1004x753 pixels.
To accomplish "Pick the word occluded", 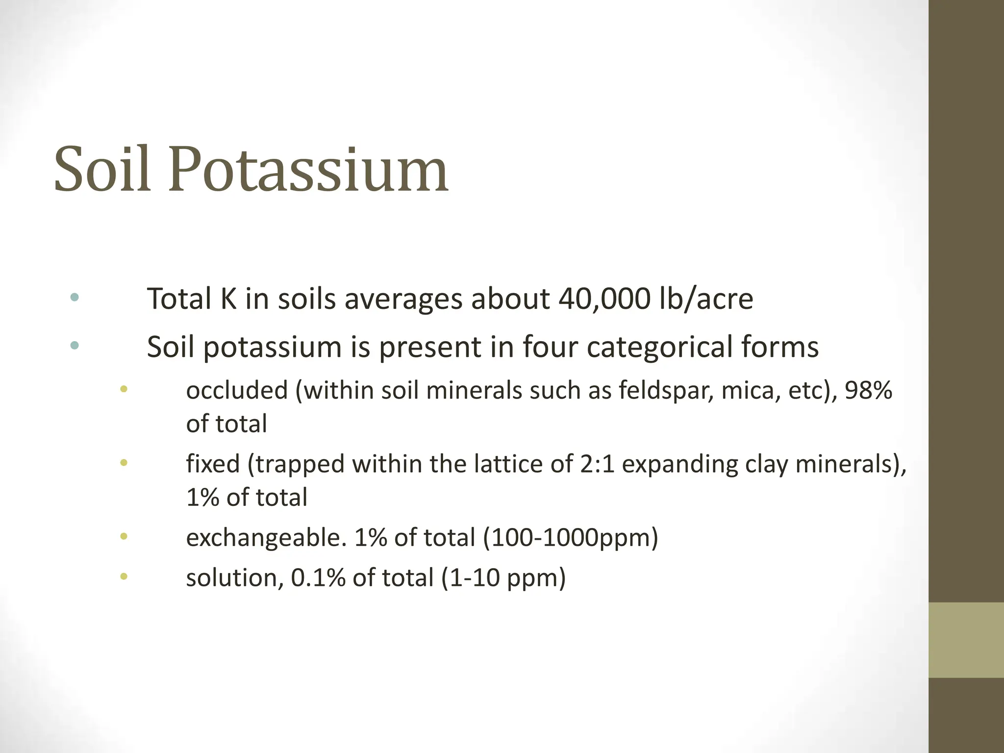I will (237, 390).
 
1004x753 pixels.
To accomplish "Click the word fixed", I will (213, 464).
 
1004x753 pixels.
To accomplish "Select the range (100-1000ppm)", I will (571, 538).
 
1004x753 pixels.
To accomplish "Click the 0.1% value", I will (318, 577).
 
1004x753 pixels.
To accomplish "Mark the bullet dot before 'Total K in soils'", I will (75, 297).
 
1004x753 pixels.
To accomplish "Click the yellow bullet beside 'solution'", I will (124, 577).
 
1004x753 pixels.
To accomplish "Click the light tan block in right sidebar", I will (966, 640).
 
